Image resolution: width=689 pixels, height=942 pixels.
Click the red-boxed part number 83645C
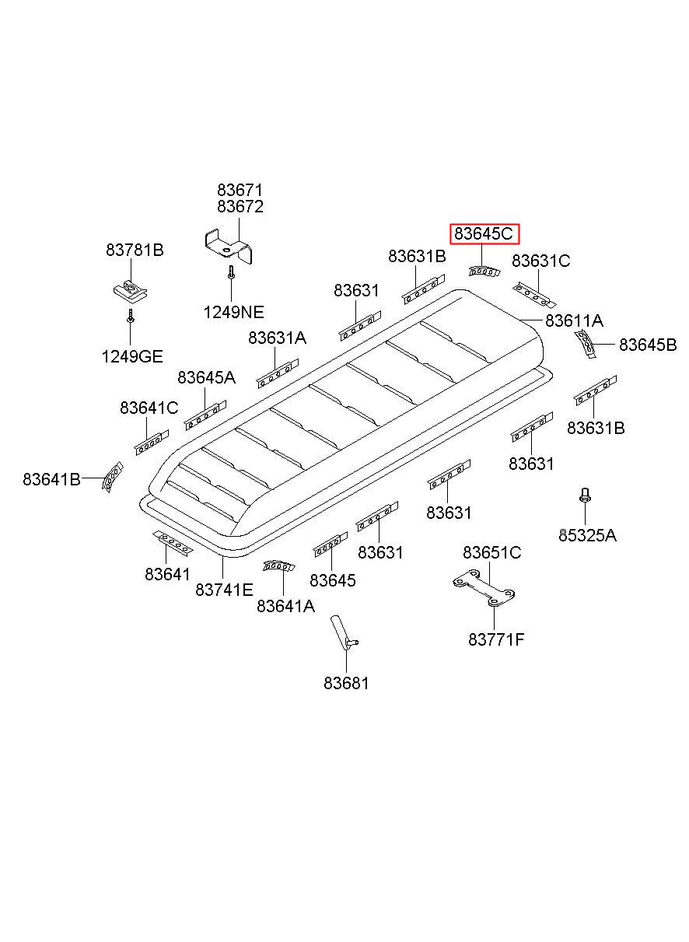click(484, 233)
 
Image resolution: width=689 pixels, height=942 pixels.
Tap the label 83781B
click(135, 250)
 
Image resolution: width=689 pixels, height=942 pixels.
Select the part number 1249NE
click(233, 313)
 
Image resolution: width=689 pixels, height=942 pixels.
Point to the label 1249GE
click(131, 357)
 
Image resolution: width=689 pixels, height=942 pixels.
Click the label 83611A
click(574, 320)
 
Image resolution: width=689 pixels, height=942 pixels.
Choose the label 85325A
click(587, 535)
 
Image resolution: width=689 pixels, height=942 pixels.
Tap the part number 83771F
click(496, 640)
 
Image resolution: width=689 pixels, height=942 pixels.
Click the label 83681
click(346, 683)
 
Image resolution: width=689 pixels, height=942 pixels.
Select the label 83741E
click(224, 590)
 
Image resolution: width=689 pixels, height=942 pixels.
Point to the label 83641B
click(51, 479)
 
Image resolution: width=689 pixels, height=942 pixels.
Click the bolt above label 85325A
click(584, 495)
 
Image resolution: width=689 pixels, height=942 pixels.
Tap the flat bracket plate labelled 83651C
click(484, 591)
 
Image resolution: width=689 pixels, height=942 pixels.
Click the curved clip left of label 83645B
click(586, 343)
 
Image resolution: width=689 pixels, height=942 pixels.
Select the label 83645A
click(206, 378)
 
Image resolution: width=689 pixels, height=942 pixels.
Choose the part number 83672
click(240, 207)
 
